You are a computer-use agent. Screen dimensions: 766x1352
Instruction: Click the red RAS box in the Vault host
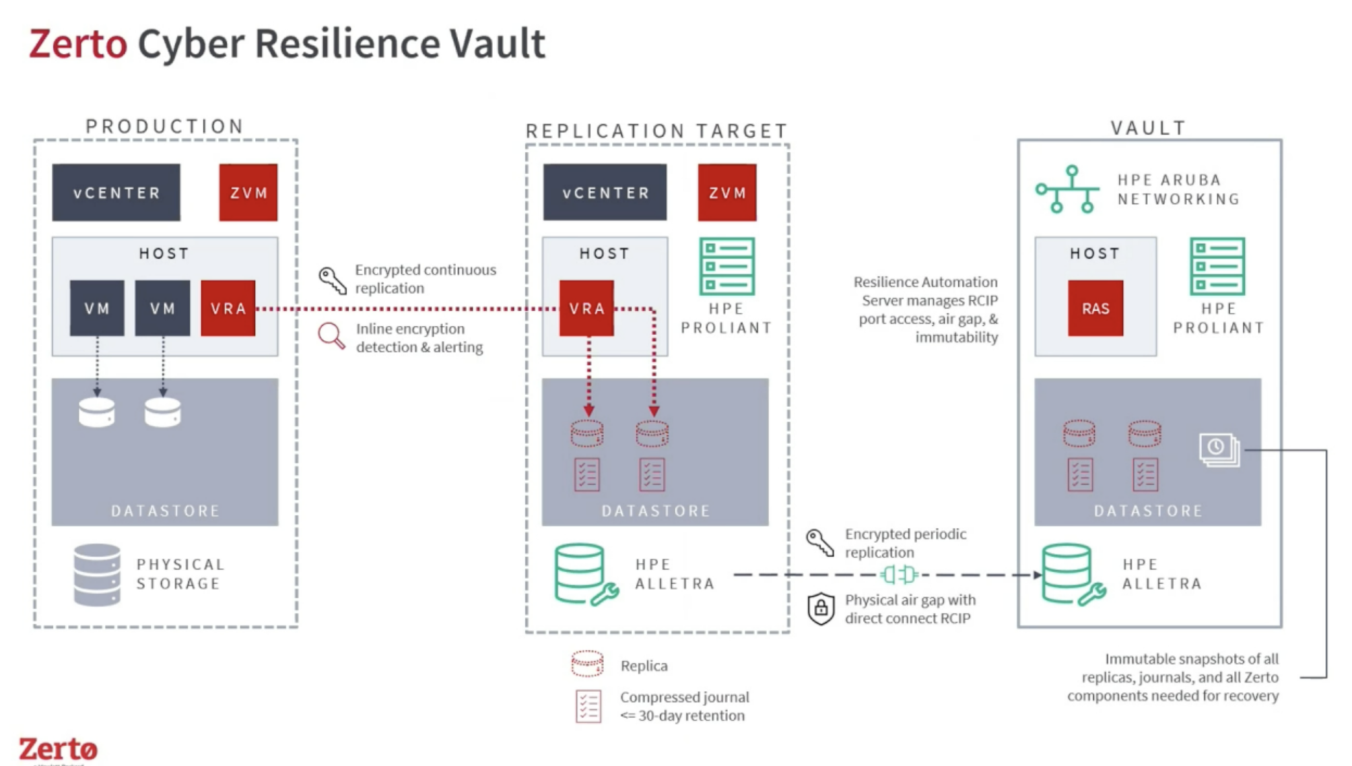click(x=1095, y=308)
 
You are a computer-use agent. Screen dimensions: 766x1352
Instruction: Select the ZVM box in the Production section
click(x=248, y=193)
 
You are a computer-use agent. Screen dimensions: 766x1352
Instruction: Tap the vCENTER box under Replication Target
click(x=605, y=193)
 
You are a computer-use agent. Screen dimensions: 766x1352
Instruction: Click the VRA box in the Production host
click(x=228, y=308)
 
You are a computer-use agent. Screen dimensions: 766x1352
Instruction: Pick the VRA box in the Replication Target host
click(x=586, y=308)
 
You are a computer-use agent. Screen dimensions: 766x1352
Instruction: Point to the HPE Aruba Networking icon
click(x=1067, y=189)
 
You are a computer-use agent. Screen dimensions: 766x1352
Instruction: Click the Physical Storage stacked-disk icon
click(x=97, y=574)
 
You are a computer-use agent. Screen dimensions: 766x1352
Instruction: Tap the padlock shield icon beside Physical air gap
click(x=821, y=608)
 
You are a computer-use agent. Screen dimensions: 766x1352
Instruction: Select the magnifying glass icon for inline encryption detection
click(x=331, y=336)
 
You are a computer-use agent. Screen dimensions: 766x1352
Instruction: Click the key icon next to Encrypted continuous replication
click(x=332, y=280)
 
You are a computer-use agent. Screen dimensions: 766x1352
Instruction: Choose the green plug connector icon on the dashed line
click(x=898, y=575)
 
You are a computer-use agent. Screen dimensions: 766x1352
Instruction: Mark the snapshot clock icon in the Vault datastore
click(x=1219, y=449)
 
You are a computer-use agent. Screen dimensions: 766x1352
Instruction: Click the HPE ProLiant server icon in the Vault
click(x=1217, y=266)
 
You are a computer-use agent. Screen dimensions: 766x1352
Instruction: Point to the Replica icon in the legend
click(x=587, y=664)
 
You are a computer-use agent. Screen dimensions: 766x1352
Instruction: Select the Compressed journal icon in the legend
click(x=588, y=706)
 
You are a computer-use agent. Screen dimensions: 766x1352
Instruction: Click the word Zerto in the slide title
click(x=78, y=44)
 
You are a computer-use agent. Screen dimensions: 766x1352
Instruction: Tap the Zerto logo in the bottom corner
click(x=58, y=750)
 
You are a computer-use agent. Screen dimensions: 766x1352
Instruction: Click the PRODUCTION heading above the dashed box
click(x=165, y=126)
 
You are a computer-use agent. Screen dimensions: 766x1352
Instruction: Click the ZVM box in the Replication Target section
click(x=727, y=193)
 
